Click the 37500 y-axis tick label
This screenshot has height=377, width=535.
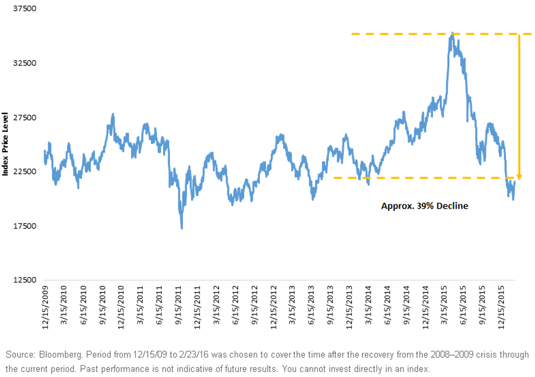pos(25,8)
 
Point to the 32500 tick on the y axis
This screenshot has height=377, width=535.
pos(25,63)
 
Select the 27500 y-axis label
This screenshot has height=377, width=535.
pos(25,118)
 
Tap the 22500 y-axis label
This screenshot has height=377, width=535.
pos(25,172)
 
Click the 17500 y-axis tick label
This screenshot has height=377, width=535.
pos(25,226)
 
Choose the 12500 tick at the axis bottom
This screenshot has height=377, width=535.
pos(25,280)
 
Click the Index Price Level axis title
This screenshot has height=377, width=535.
pos(5,144)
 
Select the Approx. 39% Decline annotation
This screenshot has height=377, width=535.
pos(424,206)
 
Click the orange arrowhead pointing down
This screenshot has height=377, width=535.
pos(519,177)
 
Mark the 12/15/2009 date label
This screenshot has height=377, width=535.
pos(45,307)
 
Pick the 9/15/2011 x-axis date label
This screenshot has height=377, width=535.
pos(178,305)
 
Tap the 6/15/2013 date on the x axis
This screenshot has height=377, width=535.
pos(311,305)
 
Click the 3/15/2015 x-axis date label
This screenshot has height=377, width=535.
pos(444,305)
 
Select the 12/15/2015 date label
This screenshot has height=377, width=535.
pos(501,307)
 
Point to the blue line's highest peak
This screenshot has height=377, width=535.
pos(452,33)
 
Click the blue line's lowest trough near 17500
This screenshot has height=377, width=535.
pos(182,228)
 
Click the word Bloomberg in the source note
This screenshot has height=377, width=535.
pos(61,355)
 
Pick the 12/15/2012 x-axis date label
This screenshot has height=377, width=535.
pos(273,307)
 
